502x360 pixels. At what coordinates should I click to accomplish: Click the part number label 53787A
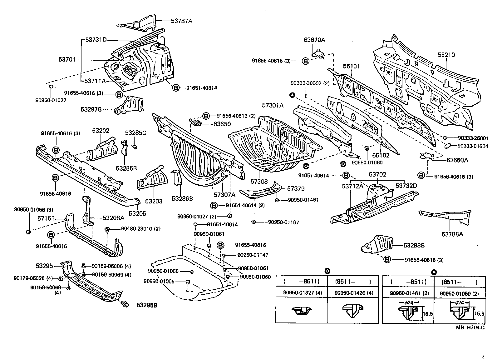181,21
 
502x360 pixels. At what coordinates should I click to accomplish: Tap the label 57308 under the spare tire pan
259,181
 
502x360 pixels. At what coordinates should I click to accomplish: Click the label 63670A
314,40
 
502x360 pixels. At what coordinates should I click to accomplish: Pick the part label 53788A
452,233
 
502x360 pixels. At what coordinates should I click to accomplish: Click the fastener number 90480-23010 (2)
141,229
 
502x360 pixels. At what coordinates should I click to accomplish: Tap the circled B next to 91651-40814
176,88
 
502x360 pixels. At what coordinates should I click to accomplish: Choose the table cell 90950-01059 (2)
459,293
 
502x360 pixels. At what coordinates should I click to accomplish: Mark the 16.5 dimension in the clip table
428,314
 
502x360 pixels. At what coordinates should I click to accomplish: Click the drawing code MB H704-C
471,327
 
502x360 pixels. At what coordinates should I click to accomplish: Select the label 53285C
135,133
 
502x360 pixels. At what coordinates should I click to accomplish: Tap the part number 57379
296,189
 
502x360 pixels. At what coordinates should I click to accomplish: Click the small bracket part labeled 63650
196,123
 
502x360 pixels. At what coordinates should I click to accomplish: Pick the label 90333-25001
473,138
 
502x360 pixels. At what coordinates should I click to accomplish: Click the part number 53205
137,214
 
